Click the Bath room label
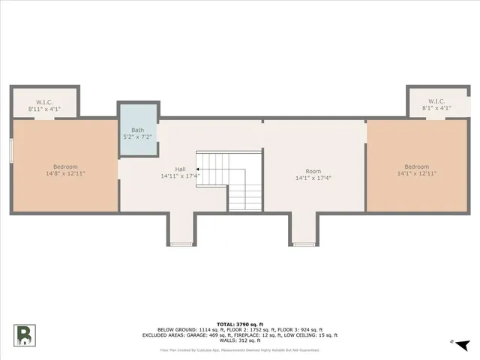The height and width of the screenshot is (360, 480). tap(138, 130)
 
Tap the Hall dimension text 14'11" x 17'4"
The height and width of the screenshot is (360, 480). tap(179, 176)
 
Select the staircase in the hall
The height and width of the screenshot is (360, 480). tap(229, 180)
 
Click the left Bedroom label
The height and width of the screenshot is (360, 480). tap(64, 166)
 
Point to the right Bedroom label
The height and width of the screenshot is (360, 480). tap(416, 166)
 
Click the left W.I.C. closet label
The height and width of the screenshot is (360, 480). tap(44, 101)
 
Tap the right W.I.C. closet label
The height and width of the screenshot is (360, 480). tap(436, 101)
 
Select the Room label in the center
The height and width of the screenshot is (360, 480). tap(313, 171)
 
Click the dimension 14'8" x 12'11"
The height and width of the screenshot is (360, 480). tap(64, 173)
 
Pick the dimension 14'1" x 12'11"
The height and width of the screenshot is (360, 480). tap(416, 173)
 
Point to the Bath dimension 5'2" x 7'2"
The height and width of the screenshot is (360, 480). tap(138, 136)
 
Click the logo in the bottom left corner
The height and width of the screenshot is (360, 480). tap(25, 334)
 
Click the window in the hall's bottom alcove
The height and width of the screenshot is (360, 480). tap(180, 244)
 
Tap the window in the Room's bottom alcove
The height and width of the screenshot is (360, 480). tap(304, 244)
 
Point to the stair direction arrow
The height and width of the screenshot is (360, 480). tap(198, 169)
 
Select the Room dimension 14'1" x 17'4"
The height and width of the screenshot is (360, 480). tap(313, 178)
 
